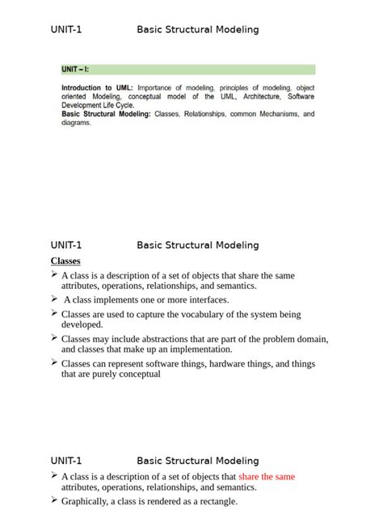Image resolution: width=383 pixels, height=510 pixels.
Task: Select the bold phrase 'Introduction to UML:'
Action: pyautogui.click(x=97, y=87)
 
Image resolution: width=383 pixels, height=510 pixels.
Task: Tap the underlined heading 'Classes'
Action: pyautogui.click(x=65, y=261)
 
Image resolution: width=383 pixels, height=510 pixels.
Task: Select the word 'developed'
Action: pyautogui.click(x=82, y=324)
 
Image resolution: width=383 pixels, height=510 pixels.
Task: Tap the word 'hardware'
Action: pyautogui.click(x=232, y=364)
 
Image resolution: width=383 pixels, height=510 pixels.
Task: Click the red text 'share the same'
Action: pyautogui.click(x=267, y=476)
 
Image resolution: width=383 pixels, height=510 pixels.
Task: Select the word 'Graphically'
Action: pyautogui.click(x=87, y=501)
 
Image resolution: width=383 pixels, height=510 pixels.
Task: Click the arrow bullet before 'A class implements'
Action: pyautogui.click(x=54, y=299)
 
